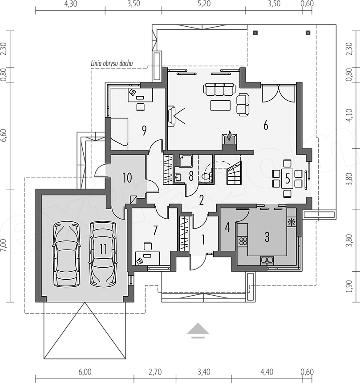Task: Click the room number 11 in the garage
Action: [x=103, y=249]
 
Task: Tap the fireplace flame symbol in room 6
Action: [x=229, y=136]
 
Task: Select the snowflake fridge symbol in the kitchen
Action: [x=291, y=222]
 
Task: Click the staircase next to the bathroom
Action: [x=235, y=173]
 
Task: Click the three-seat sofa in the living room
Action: [x=219, y=89]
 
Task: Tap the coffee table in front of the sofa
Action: [x=220, y=105]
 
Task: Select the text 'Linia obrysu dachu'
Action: [x=112, y=64]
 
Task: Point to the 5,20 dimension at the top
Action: [x=204, y=4]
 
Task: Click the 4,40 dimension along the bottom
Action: [x=267, y=372]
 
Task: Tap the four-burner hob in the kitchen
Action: [x=243, y=241]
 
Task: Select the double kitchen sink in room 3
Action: [x=267, y=260]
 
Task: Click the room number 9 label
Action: [x=144, y=130]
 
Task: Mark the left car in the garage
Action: [x=66, y=254]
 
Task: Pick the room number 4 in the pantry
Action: [x=227, y=228]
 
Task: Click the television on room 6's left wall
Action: [x=171, y=116]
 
